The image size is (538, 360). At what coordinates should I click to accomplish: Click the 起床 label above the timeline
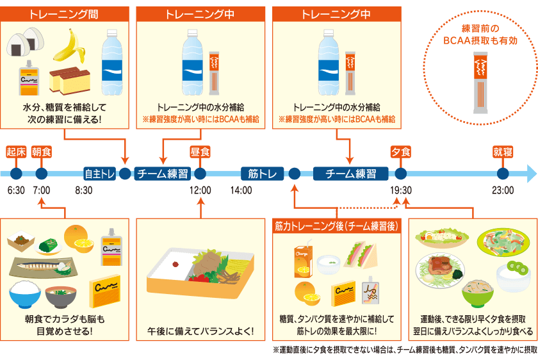click(x=16, y=152)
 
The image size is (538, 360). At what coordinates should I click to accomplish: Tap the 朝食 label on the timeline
click(x=42, y=152)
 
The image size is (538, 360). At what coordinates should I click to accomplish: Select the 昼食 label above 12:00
click(x=200, y=152)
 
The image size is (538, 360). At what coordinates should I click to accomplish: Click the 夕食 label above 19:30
click(x=401, y=152)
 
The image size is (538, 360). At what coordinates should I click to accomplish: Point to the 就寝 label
click(x=503, y=152)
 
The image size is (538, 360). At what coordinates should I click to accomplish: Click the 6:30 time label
click(x=16, y=190)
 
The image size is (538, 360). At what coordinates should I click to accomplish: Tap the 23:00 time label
click(x=503, y=190)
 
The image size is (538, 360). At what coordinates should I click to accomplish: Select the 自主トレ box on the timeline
click(x=100, y=174)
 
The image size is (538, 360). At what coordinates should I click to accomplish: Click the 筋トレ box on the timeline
click(x=263, y=174)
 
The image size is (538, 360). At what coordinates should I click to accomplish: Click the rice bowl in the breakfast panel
click(x=26, y=294)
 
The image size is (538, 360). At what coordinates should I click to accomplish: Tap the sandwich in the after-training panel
click(x=360, y=254)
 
